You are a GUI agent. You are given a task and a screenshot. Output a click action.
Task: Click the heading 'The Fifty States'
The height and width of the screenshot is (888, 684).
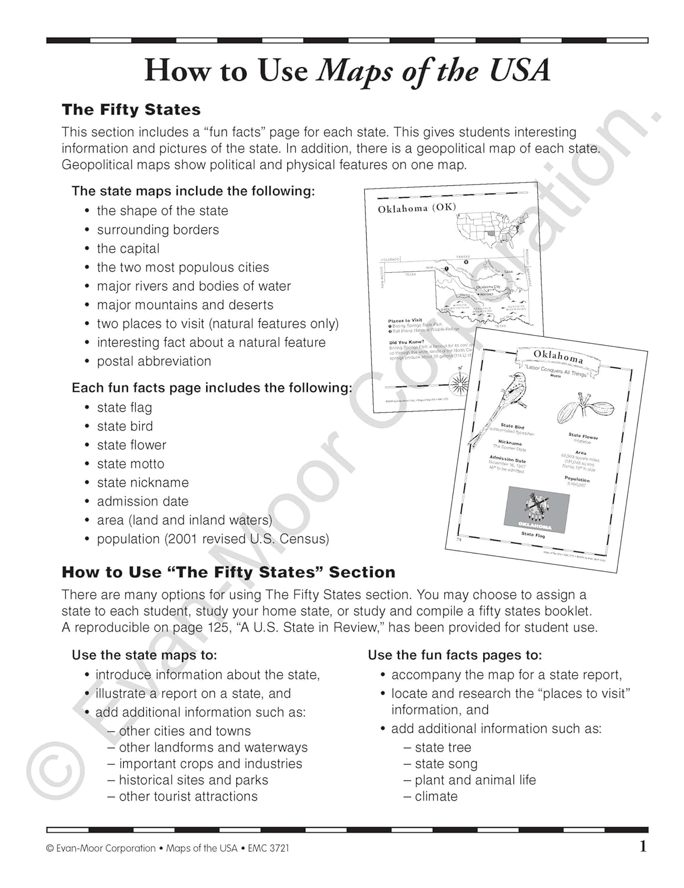tap(131, 110)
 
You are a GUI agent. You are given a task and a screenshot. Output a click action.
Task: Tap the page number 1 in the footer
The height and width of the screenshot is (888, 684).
tap(643, 847)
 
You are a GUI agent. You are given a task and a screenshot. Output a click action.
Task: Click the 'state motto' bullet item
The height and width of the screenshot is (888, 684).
tap(130, 464)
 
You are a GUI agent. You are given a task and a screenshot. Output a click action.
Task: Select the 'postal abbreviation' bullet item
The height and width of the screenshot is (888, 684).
tap(153, 361)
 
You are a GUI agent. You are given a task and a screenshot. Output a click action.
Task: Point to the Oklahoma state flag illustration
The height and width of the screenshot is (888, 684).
tap(536, 509)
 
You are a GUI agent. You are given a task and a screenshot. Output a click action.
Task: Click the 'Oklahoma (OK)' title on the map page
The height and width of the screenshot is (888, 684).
tap(417, 208)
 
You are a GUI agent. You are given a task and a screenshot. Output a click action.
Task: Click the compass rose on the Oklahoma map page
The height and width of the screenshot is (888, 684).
tap(458, 385)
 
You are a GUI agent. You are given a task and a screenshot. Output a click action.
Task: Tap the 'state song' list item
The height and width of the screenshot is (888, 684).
tap(446, 764)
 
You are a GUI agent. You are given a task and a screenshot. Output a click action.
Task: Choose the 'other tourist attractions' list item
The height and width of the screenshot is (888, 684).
tap(188, 796)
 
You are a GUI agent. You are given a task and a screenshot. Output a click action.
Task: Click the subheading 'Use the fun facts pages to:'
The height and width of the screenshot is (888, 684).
tap(455, 655)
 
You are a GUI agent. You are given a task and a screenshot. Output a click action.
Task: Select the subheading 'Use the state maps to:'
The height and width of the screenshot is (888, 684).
tap(144, 655)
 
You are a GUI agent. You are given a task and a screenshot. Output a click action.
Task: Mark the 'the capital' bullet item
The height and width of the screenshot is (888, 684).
tap(128, 249)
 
